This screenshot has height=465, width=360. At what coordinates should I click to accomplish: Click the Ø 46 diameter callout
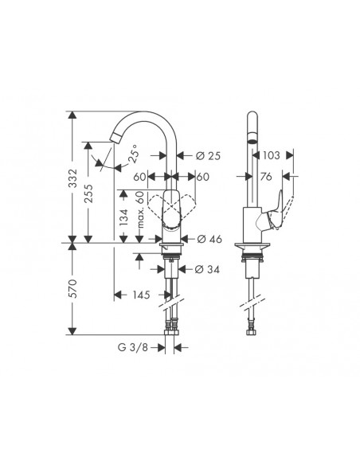point(208,238)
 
